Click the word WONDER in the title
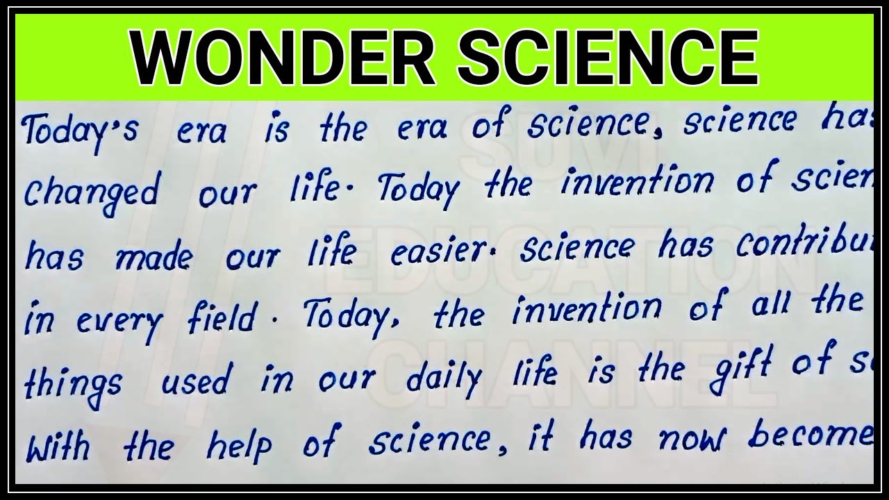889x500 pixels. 283,57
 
